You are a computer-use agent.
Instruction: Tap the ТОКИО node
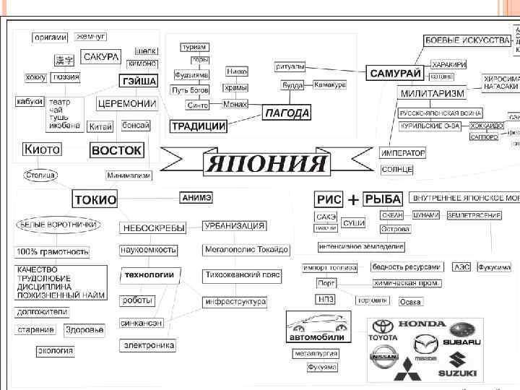pyautogui.click(x=95, y=200)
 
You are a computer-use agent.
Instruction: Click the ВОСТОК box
pyautogui.click(x=116, y=150)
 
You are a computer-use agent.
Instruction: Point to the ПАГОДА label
pyautogui.click(x=287, y=113)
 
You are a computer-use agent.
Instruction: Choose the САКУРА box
pyautogui.click(x=101, y=56)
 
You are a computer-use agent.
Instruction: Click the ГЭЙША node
pyautogui.click(x=138, y=81)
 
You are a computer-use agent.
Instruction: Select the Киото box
pyautogui.click(x=43, y=149)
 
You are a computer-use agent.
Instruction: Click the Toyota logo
pyautogui.click(x=383, y=331)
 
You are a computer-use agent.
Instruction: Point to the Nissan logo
pyautogui.click(x=383, y=356)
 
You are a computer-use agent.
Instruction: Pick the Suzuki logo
pyautogui.click(x=457, y=364)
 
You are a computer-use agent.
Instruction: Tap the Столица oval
pyautogui.click(x=40, y=175)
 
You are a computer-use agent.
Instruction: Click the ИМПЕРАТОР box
pyautogui.click(x=402, y=153)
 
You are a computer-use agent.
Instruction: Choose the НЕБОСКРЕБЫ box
pyautogui.click(x=152, y=227)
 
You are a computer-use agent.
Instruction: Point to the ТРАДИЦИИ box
pyautogui.click(x=199, y=126)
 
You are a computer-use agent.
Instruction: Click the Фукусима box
pyautogui.click(x=493, y=267)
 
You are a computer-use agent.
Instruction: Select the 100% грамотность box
pyautogui.click(x=53, y=252)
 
